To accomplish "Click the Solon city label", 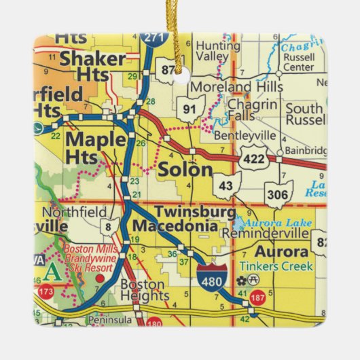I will (185, 170).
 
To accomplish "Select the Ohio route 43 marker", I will (226, 184).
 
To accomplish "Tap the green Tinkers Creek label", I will (281, 266).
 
